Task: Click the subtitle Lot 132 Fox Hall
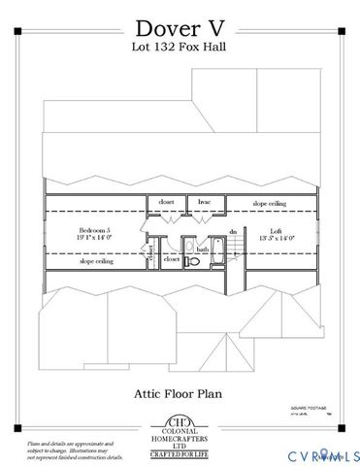pos(180,46)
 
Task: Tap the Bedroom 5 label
pos(96,230)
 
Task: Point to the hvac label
pos(205,202)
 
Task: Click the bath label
pos(203,250)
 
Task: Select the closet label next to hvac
pos(166,202)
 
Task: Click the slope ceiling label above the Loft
pos(269,204)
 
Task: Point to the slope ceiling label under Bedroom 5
pos(96,261)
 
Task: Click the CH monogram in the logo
pos(180,423)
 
